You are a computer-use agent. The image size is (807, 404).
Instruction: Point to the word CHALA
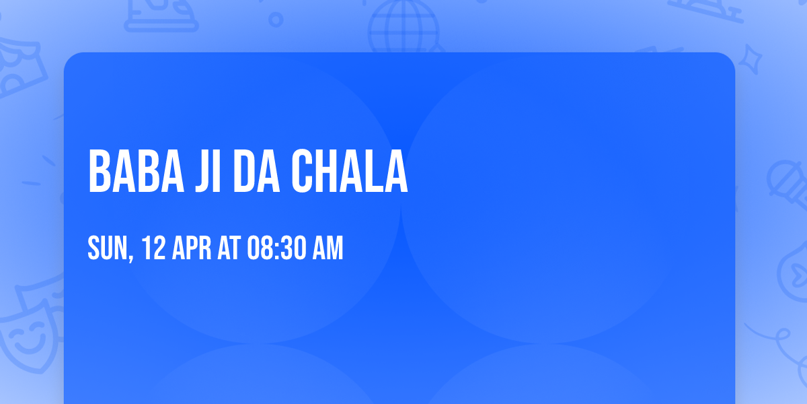[x=350, y=172]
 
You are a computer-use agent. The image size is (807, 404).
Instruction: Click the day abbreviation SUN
[x=107, y=248]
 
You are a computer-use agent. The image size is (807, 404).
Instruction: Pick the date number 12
[x=154, y=248]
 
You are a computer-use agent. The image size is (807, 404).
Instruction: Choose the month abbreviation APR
[x=193, y=248]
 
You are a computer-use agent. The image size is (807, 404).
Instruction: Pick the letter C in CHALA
[x=305, y=172]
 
